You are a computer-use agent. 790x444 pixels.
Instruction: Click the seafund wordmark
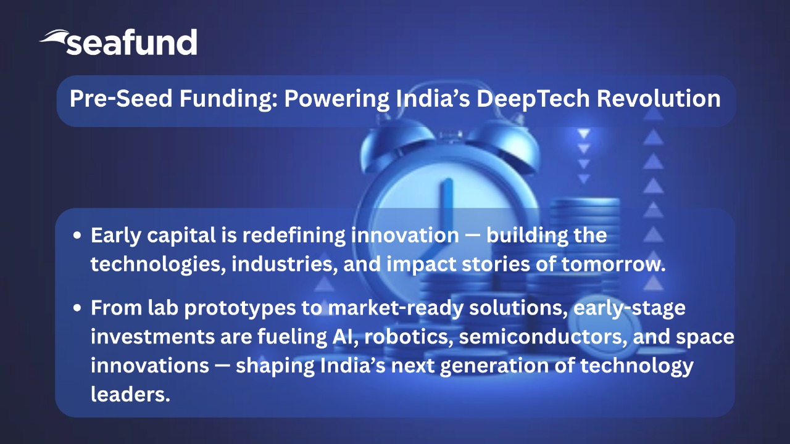click(x=131, y=43)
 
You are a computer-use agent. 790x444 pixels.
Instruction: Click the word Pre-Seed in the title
click(x=121, y=98)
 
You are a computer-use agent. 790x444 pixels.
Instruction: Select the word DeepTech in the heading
click(x=533, y=99)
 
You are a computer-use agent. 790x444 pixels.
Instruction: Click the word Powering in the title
click(x=337, y=99)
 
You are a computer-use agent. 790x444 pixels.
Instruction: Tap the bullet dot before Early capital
click(x=77, y=236)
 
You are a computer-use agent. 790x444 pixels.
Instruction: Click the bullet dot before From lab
click(x=77, y=308)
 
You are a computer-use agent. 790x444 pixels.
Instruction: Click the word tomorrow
click(x=613, y=265)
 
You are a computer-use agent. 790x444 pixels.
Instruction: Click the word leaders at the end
click(x=130, y=394)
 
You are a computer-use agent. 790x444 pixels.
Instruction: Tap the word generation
click(x=494, y=366)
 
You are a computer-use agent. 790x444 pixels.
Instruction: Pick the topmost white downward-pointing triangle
click(x=584, y=134)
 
